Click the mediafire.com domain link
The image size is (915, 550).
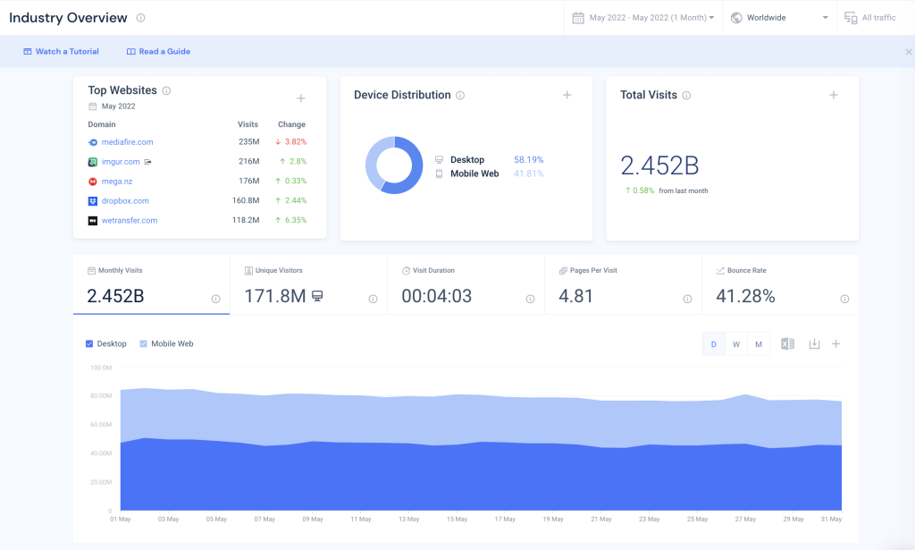click(x=127, y=142)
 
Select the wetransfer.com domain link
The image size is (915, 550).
click(x=129, y=221)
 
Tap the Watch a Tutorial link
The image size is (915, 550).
click(x=61, y=52)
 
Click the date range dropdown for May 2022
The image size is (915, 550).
click(x=643, y=18)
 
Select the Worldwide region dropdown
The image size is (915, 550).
click(x=779, y=18)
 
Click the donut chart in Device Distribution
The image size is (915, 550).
click(x=394, y=165)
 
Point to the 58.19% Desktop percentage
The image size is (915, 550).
click(x=528, y=160)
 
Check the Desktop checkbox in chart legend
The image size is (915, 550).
click(x=89, y=344)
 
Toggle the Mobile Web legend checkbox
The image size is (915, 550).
click(x=144, y=344)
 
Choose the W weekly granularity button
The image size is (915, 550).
click(x=736, y=344)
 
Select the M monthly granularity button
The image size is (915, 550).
click(x=759, y=344)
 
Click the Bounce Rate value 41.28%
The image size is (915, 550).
click(x=745, y=296)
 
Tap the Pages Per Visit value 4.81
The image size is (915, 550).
click(x=575, y=296)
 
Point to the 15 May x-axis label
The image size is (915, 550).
click(x=457, y=519)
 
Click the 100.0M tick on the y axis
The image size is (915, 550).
click(x=100, y=368)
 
